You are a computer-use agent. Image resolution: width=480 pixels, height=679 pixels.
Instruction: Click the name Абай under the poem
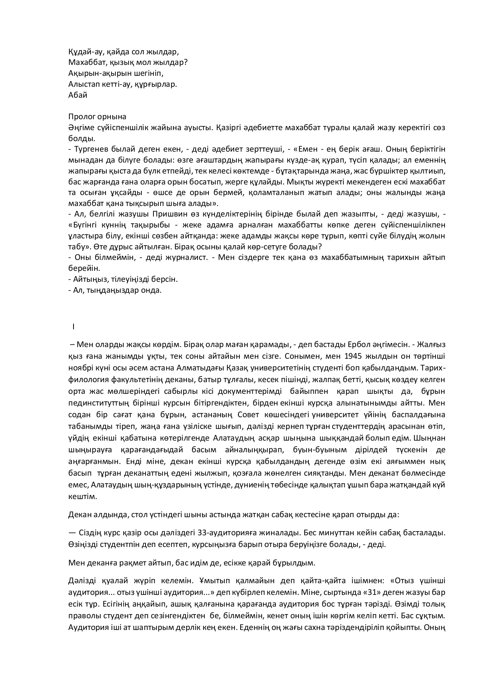click(x=78, y=95)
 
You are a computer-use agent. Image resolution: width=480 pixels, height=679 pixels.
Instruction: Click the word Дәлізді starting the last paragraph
click(x=81, y=581)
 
